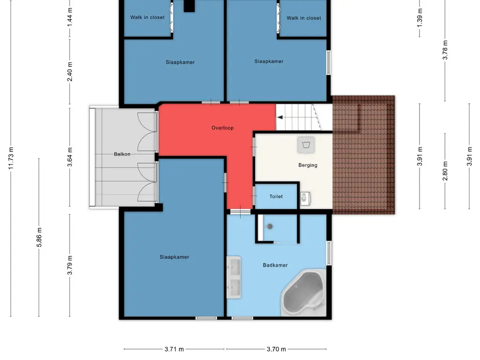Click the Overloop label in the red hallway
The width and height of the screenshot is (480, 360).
[x=223, y=128]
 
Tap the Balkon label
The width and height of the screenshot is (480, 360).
[x=122, y=154]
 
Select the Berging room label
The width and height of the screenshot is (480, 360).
[x=307, y=165]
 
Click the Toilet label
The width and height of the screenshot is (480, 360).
[x=276, y=196]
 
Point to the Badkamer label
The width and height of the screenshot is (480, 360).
[x=275, y=265]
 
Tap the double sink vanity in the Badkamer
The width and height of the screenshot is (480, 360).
[x=233, y=277]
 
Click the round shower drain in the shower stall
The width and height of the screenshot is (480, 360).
[x=270, y=226]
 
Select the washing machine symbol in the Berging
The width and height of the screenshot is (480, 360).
[x=306, y=145]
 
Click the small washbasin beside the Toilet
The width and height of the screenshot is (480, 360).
[x=305, y=198]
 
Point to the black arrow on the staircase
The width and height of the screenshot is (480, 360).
[x=280, y=117]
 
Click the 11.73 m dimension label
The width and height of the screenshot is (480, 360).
[x=11, y=158]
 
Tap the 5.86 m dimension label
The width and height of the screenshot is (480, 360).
[x=39, y=237]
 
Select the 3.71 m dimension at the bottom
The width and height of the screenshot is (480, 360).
[x=174, y=349]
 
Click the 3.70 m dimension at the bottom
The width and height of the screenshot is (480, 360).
[x=276, y=349]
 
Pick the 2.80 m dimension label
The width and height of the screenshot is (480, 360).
[x=445, y=171]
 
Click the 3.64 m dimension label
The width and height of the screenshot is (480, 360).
[x=70, y=157]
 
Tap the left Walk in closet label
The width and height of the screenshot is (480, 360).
[x=147, y=17]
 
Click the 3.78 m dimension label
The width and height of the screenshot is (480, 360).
[x=445, y=50]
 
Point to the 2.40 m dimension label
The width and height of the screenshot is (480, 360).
[x=70, y=72]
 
